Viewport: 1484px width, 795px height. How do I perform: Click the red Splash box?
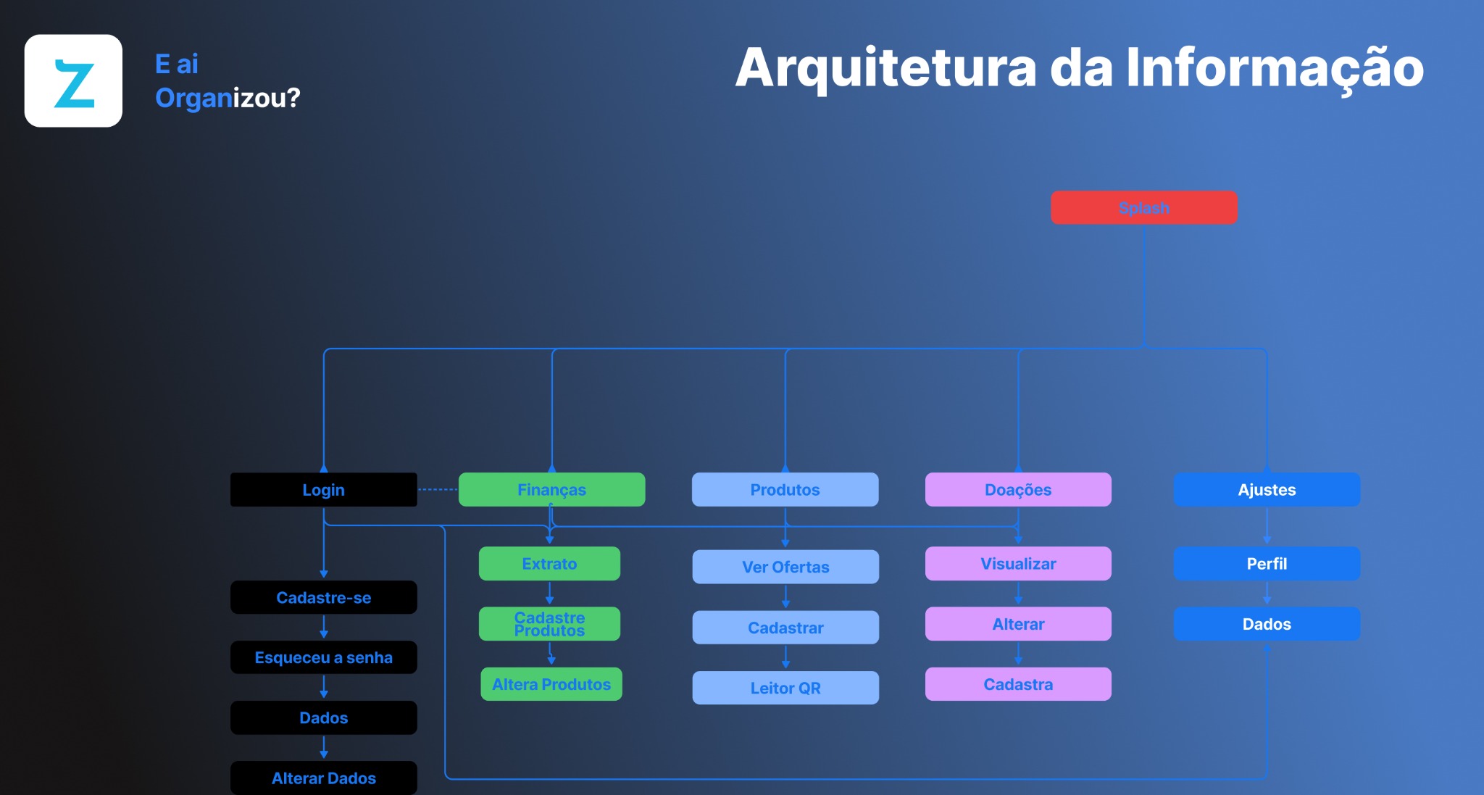1143,208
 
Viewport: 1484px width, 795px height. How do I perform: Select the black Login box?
323,490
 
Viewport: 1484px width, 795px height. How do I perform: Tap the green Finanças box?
551,490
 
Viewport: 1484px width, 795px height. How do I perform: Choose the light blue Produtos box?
785,490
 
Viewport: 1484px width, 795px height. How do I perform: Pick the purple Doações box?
1017,490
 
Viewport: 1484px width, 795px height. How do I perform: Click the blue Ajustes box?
1266,490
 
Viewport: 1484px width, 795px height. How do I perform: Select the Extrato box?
549,564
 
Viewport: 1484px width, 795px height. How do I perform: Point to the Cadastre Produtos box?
549,624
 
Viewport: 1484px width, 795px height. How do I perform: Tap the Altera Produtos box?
551,684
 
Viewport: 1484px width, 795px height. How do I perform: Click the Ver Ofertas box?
785,567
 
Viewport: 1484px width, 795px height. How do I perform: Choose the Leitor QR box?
785,688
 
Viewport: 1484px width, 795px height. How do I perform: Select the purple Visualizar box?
1017,564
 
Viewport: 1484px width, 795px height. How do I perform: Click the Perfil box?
1266,564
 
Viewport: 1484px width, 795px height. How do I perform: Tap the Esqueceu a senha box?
323,657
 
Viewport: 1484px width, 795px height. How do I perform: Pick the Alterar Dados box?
323,778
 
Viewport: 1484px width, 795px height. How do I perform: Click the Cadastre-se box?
323,598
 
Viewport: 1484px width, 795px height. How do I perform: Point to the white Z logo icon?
73,81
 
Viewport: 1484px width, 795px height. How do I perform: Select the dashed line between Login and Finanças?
438,490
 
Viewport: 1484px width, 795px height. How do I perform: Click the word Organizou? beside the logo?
228,98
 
